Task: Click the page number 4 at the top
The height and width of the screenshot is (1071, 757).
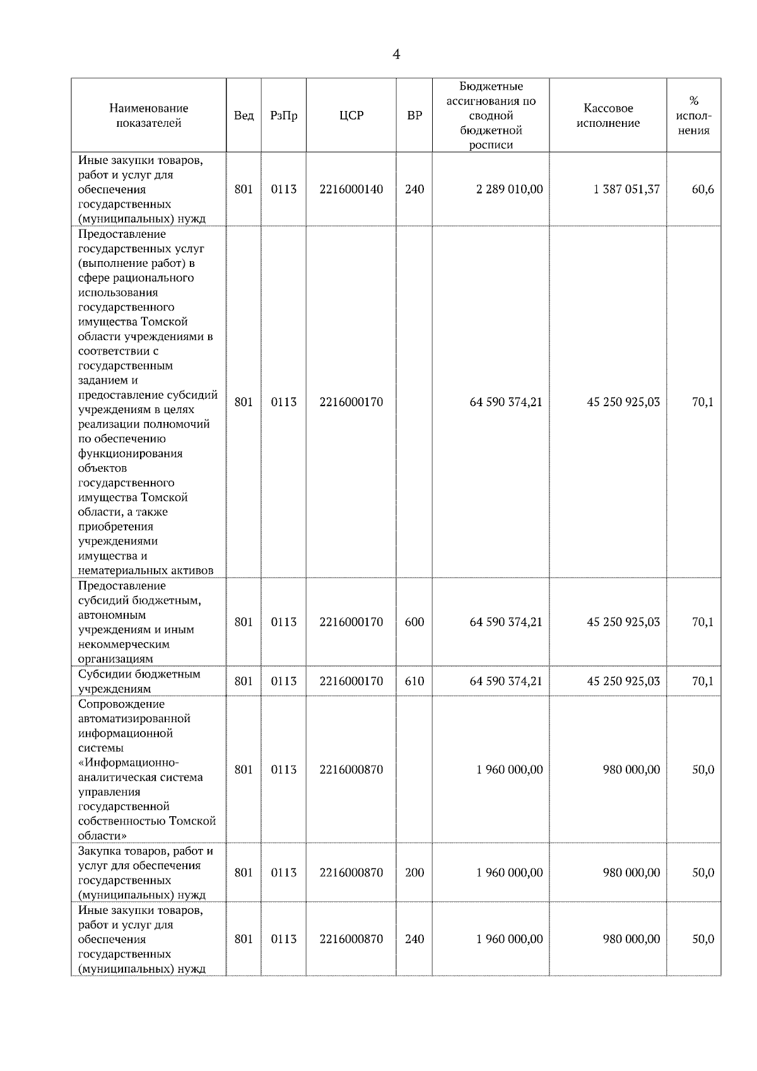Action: click(x=396, y=55)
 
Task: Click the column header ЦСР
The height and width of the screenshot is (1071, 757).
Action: click(x=351, y=115)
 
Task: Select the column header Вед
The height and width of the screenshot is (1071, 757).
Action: click(x=244, y=115)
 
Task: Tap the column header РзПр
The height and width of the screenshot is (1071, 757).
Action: click(x=283, y=115)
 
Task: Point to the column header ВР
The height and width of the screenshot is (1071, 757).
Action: click(x=414, y=115)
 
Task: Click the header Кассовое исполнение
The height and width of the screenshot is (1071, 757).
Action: click(x=608, y=115)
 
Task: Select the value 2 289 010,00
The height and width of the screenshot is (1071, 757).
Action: click(x=509, y=189)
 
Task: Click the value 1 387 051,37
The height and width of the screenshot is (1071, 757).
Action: click(x=626, y=189)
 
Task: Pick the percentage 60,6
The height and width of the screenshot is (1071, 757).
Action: click(x=703, y=189)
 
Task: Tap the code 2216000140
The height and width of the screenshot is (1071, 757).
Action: click(x=351, y=189)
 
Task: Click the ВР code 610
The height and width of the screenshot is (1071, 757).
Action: click(x=414, y=681)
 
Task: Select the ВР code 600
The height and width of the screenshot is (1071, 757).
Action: click(x=414, y=622)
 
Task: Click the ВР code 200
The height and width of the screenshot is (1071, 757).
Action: click(x=414, y=873)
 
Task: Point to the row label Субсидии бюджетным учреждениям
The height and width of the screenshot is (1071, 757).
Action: click(x=139, y=681)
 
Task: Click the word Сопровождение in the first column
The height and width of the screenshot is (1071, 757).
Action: click(x=121, y=704)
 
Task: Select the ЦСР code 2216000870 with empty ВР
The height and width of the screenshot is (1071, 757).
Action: click(x=351, y=770)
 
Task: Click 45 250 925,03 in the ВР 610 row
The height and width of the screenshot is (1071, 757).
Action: click(x=623, y=681)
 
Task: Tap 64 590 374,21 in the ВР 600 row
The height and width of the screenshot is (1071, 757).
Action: click(x=506, y=622)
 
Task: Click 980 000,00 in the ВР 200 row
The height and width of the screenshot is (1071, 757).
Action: click(x=631, y=873)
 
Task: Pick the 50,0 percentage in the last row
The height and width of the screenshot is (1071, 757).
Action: click(x=703, y=939)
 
